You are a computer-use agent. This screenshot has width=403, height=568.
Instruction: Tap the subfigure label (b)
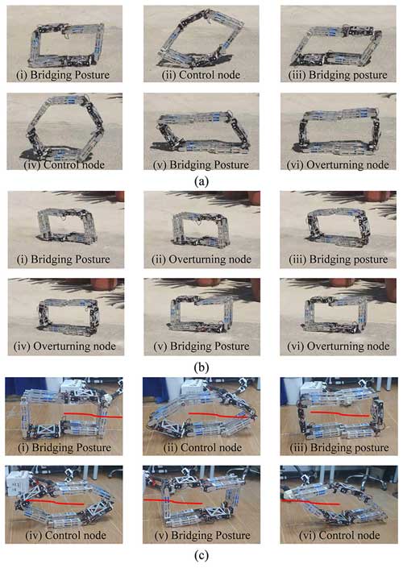pos(201,367)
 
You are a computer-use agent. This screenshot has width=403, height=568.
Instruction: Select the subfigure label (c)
pos(201,555)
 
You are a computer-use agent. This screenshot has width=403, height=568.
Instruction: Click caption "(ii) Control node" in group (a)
pos(201,75)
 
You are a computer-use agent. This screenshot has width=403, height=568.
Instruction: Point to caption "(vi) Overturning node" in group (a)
pos(338,164)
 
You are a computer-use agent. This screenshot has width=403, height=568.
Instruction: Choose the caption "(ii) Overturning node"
pos(201,259)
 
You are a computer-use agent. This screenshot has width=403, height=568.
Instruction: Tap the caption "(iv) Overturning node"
pos(64,346)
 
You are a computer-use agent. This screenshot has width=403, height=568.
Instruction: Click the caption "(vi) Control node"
pos(339,535)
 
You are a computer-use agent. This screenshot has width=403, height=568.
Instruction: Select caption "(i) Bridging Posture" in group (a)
pos(63,75)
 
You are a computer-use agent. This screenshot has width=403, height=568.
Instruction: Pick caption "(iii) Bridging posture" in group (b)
pos(339,259)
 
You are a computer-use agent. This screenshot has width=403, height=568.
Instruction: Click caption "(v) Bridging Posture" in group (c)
pos(202,535)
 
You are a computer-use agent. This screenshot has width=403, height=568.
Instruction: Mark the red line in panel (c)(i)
pos(93,415)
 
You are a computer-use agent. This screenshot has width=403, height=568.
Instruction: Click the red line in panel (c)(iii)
pos(340,413)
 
